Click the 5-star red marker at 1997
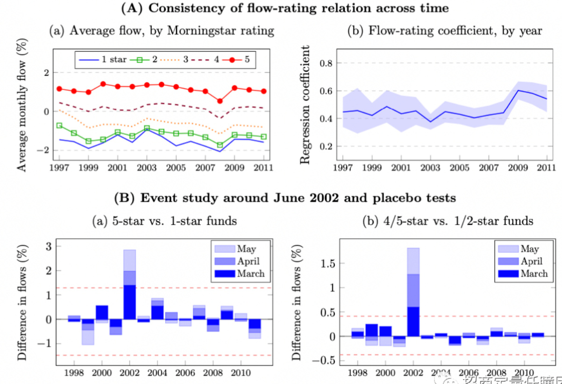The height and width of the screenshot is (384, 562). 59,89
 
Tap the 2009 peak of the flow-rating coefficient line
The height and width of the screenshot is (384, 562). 519,90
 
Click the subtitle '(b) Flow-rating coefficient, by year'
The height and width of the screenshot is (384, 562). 445,31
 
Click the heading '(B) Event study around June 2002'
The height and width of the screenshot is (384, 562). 285,198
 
